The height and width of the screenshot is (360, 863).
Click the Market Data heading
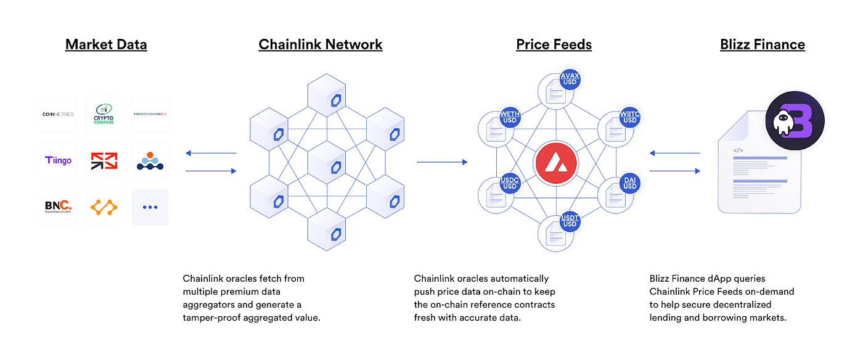click(106, 44)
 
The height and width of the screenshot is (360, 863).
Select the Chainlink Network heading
click(321, 44)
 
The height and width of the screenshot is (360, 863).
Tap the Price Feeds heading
click(554, 44)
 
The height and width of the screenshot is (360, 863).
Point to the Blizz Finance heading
click(762, 44)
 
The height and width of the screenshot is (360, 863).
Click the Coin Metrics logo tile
click(58, 114)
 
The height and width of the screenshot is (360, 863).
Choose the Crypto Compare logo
click(104, 114)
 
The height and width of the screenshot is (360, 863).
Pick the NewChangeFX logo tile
click(150, 114)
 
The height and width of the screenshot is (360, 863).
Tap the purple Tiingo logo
click(58, 161)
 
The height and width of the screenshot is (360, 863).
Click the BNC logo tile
click(58, 207)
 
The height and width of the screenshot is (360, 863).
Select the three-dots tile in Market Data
click(150, 207)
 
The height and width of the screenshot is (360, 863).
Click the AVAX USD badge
click(570, 80)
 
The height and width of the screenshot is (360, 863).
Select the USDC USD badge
click(509, 183)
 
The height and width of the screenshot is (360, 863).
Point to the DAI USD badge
click(629, 183)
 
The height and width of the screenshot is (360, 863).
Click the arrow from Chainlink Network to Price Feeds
click(442, 162)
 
